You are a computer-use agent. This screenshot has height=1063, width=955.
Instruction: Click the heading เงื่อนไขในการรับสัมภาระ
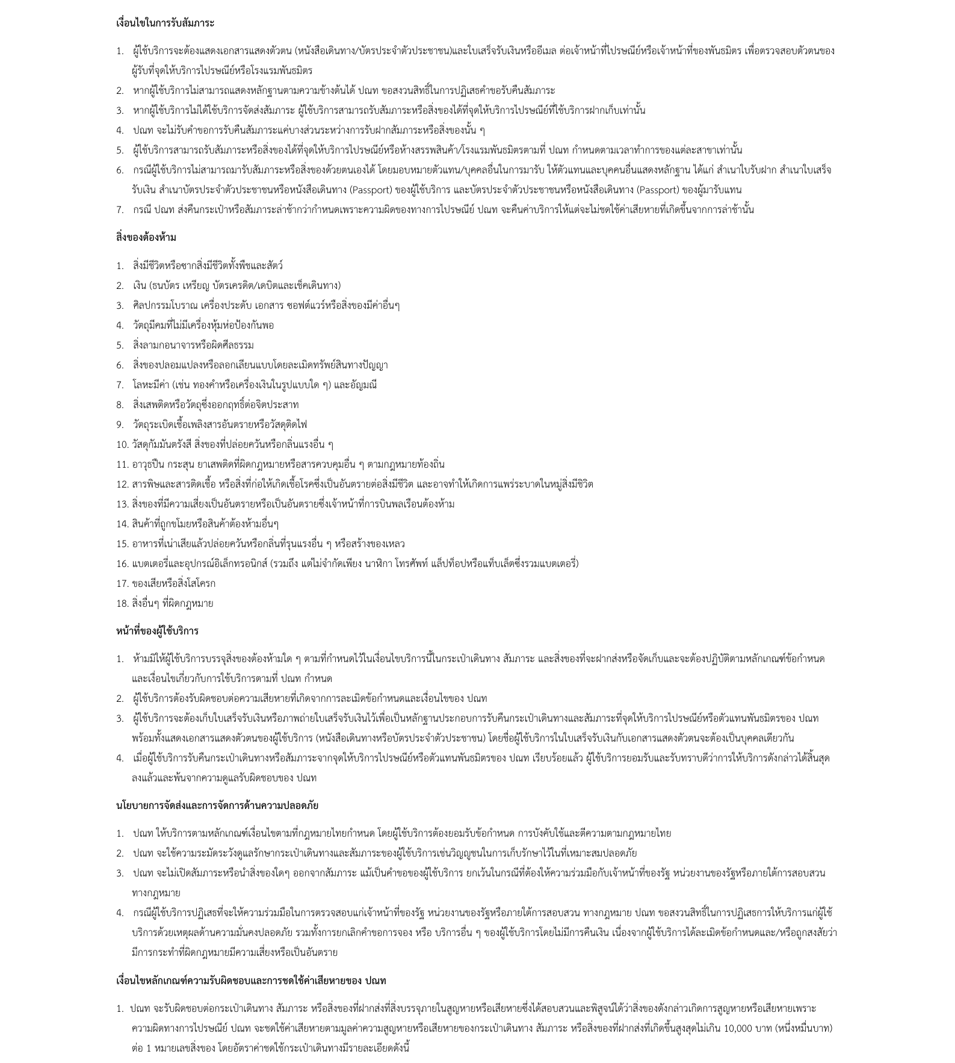[x=165, y=23]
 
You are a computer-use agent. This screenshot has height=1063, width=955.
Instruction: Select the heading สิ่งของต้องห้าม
[x=146, y=237]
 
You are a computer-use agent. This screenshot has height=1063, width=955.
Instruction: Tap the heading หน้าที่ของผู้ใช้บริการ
[x=157, y=631]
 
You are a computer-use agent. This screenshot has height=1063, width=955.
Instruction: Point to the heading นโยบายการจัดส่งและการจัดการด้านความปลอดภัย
[x=217, y=805]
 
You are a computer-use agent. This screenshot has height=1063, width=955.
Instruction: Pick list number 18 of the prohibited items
[x=122, y=603]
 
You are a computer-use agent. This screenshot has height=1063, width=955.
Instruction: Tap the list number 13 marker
[x=122, y=504]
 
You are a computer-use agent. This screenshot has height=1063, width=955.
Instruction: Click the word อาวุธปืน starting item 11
[x=149, y=464]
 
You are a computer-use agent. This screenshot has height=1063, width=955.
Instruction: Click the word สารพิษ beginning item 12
[x=145, y=484]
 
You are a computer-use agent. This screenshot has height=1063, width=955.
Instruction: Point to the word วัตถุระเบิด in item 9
[x=153, y=424]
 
